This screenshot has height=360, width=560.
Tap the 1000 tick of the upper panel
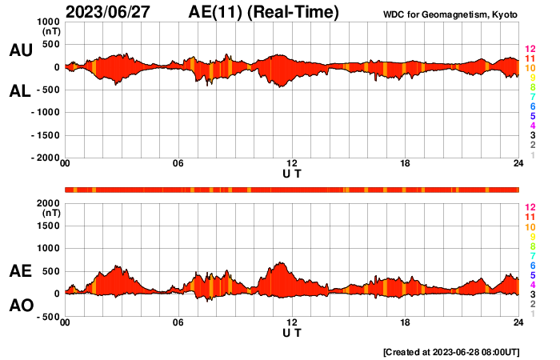[49, 22]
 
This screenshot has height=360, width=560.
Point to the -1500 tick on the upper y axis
[46, 136]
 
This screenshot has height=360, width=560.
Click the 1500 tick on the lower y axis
[49, 226]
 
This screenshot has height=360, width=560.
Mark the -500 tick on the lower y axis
[49, 317]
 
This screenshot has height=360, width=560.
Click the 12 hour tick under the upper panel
[292, 165]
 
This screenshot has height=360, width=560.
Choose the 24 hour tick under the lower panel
[518, 323]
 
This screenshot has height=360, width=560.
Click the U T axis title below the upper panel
[292, 174]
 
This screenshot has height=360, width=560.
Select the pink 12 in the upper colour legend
[530, 50]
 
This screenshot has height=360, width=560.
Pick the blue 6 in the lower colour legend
[532, 265]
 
